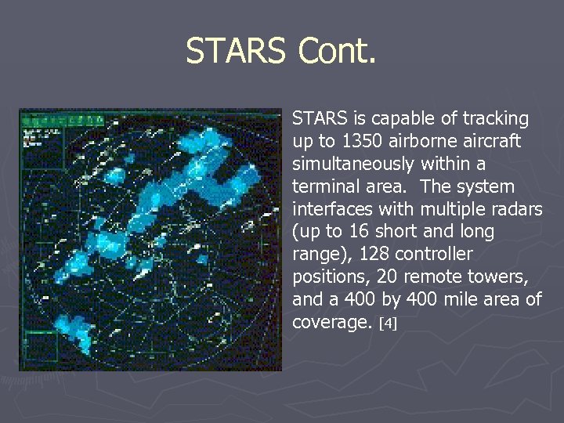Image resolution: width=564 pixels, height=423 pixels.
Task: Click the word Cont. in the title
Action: point(337,52)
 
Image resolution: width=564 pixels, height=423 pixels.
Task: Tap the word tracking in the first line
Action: point(496,119)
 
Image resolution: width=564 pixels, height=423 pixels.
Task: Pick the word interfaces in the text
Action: point(329,210)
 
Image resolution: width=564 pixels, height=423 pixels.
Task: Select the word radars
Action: point(518,210)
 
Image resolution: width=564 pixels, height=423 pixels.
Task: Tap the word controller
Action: point(434,255)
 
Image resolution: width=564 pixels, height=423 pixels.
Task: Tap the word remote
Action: point(441,277)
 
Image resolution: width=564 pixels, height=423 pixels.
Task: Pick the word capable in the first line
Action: point(399,119)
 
